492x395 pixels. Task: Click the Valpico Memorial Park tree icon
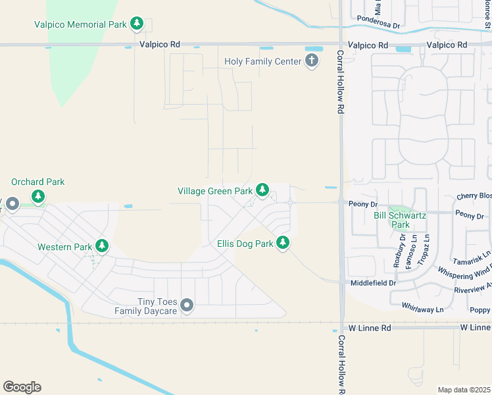tap(136, 24)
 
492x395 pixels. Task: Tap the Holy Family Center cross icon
tap(312, 61)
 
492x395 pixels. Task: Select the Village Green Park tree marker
tap(262, 190)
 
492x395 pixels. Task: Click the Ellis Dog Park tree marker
tap(283, 243)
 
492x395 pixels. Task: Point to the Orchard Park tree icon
tap(38, 196)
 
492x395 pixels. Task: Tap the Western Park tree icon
tap(101, 246)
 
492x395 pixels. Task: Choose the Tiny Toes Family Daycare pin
tap(187, 304)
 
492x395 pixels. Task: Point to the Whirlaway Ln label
tap(422, 307)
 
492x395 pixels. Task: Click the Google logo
tap(22, 386)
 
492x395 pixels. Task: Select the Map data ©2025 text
tap(464, 390)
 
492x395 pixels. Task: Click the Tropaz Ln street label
tap(426, 248)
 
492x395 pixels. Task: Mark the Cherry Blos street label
tap(474, 196)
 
